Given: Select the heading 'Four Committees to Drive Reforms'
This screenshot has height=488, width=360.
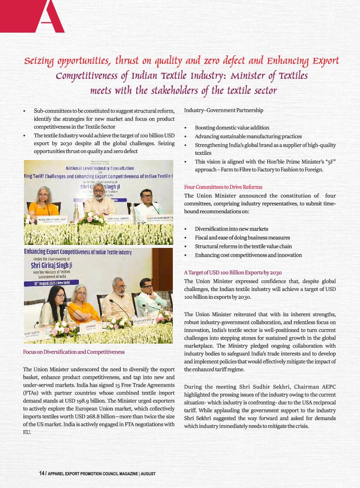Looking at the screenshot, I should pyautogui.click(x=223, y=187).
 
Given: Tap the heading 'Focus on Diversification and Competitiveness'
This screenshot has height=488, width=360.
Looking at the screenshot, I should pyautogui.click(x=74, y=351).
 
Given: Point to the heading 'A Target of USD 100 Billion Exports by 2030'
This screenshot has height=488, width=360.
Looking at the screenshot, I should pyautogui.click(x=233, y=272).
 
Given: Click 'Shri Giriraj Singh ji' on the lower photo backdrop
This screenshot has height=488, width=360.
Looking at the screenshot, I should pyautogui.click(x=51, y=265).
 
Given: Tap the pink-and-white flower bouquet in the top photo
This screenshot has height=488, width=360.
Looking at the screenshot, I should pyautogui.click(x=91, y=217).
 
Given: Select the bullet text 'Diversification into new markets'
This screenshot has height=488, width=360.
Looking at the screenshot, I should pyautogui.click(x=231, y=229).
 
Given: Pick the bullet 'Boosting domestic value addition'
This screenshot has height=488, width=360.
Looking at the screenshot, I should pyautogui.click(x=232, y=127).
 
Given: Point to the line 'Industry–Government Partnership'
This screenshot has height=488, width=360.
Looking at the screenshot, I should pyautogui.click(x=223, y=110).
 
